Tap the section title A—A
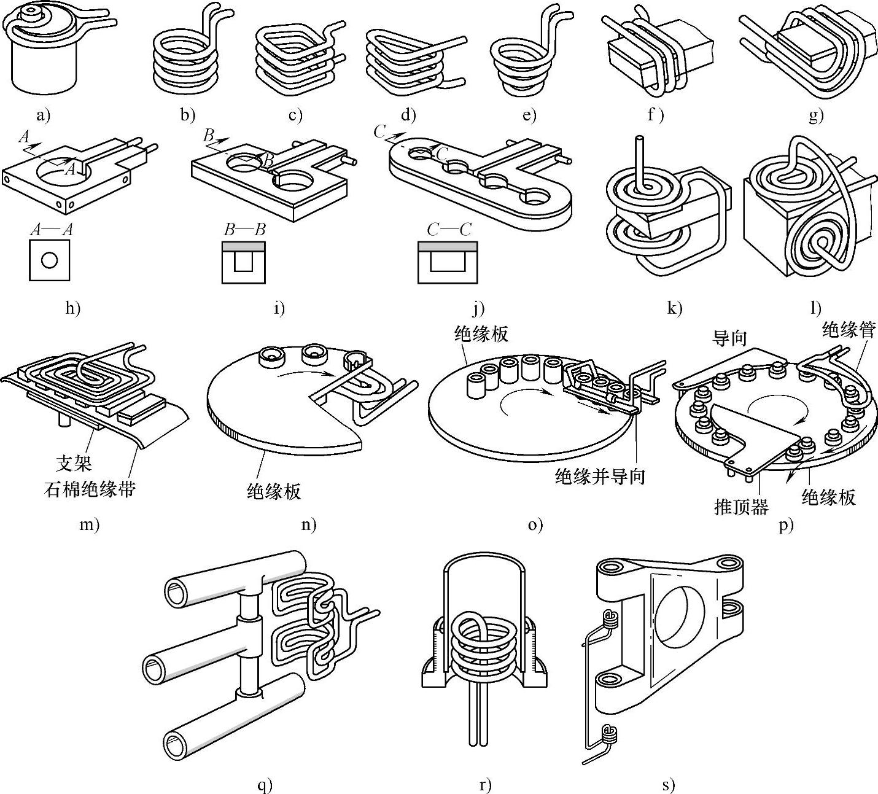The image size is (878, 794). (52, 230)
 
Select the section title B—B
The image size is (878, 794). (244, 230)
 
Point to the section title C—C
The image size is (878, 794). (449, 230)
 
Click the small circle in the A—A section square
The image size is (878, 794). (50, 260)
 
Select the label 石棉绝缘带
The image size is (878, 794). (90, 489)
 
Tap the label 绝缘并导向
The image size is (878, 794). (600, 475)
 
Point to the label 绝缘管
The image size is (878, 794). (849, 330)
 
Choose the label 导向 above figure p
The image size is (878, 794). (729, 338)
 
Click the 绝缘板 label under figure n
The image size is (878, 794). (274, 491)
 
